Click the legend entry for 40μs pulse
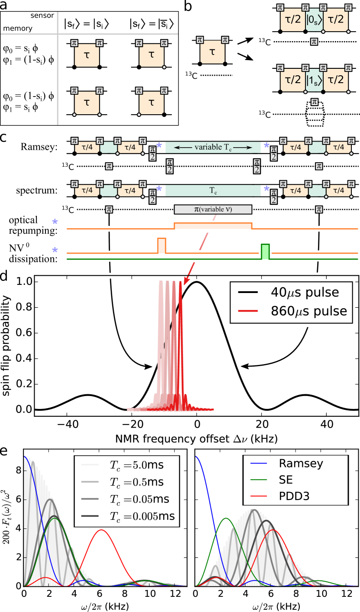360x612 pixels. tap(303, 293)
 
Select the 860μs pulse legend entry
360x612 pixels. tap(303, 311)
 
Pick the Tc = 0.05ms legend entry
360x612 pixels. tap(130, 499)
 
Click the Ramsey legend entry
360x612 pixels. tap(301, 464)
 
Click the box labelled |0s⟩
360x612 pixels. tap(314, 19)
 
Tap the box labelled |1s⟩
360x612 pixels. tap(314, 80)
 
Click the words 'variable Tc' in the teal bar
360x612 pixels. tap(213, 147)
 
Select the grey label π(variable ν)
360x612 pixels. tap(213, 209)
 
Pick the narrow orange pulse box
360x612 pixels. tap(161, 245)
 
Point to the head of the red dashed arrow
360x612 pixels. tap(185, 283)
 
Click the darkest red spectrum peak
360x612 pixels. tap(180, 286)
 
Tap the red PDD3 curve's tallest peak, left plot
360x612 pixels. tap(101, 530)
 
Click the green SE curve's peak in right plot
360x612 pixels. tap(225, 518)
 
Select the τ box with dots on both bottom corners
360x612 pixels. tap(87, 102)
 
